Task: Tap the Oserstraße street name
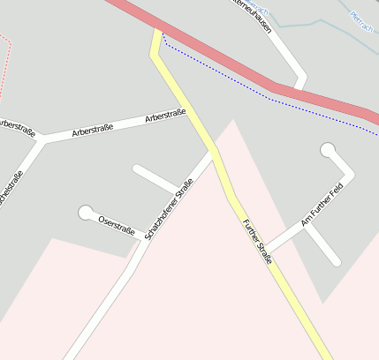[117, 225]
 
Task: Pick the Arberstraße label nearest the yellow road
[165, 116]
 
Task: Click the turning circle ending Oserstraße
[86, 213]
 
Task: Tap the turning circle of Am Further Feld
[329, 150]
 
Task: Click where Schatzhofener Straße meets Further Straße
[214, 151]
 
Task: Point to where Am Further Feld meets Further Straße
[266, 250]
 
